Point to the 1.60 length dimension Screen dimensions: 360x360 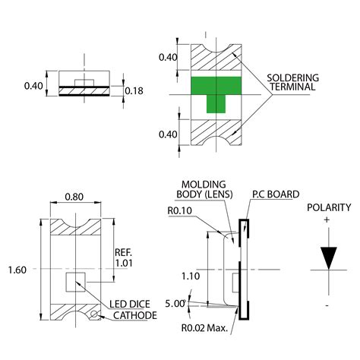point(17,270)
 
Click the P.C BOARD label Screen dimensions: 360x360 point(275,194)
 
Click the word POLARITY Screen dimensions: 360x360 point(329,207)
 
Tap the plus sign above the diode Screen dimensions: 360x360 point(328,219)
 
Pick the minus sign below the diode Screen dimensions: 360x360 point(328,305)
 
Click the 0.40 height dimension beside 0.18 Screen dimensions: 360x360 point(33,86)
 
